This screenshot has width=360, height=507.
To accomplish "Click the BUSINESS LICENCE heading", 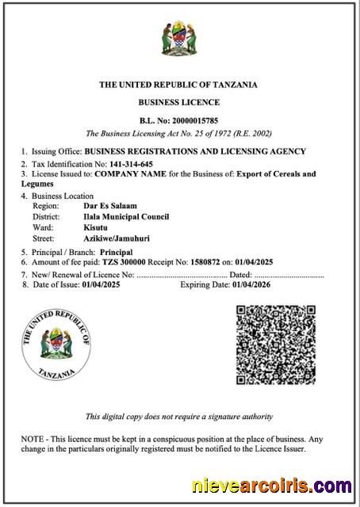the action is click(x=179, y=103).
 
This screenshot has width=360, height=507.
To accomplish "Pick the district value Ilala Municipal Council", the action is click(x=126, y=216).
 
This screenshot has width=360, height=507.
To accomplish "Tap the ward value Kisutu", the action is click(x=97, y=227).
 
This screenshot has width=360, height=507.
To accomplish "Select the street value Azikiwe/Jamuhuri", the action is click(x=117, y=238).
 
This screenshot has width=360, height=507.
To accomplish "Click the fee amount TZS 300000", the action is click(x=127, y=261).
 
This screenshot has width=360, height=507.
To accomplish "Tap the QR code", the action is click(x=275, y=346).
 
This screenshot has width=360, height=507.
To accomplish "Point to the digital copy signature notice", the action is click(x=179, y=417).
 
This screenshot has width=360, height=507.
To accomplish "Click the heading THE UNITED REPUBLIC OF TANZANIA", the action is click(x=178, y=85).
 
